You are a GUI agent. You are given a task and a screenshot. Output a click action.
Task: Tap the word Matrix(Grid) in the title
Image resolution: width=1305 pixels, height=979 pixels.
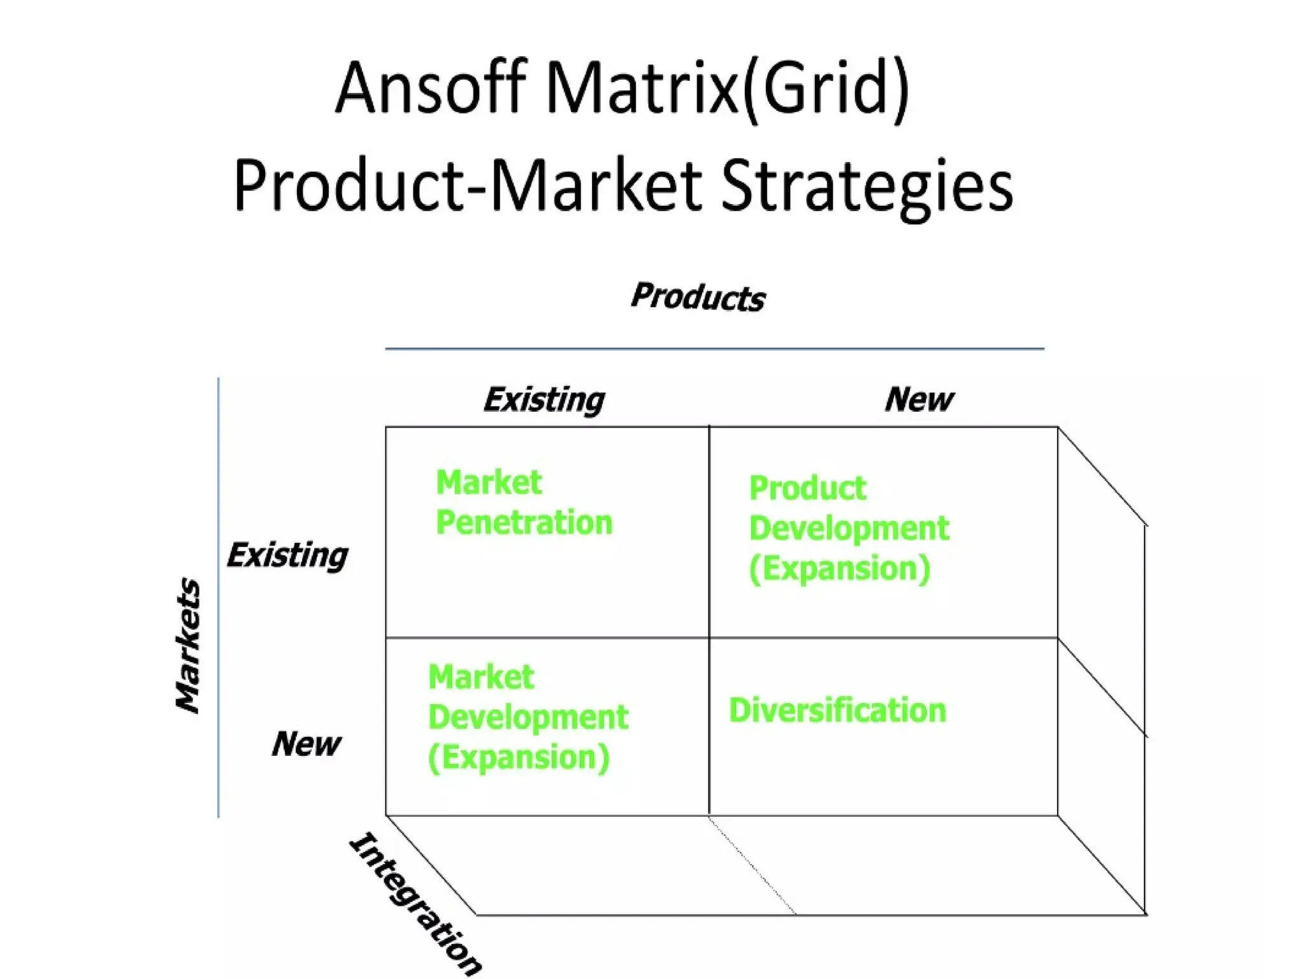[x=727, y=89]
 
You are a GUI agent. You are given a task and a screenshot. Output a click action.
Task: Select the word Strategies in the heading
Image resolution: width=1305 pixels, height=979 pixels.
[x=867, y=186]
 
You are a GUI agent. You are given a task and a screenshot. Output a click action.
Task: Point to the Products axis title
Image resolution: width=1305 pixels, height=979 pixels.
[x=698, y=297]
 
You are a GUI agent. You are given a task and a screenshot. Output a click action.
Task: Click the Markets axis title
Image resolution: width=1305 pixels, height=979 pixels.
[x=188, y=645]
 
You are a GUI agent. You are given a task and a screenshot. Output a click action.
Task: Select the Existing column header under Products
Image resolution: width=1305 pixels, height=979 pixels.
[x=544, y=400]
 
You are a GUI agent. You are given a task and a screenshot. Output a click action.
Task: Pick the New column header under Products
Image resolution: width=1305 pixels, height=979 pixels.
[x=919, y=400]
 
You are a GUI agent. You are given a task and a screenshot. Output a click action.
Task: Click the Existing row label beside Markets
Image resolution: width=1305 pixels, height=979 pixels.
[x=287, y=555]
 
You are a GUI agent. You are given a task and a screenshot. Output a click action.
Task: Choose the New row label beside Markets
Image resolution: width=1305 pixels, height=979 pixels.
[x=306, y=744]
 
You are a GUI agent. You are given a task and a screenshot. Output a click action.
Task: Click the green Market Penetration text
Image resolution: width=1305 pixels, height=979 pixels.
[x=523, y=502]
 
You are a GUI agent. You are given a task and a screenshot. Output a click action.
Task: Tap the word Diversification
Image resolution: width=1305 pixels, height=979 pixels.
[x=837, y=710]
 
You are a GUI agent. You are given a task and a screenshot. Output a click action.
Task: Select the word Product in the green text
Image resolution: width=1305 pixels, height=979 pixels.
[x=807, y=489]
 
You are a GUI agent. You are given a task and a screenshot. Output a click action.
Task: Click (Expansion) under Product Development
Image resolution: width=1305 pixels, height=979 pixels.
[x=840, y=569]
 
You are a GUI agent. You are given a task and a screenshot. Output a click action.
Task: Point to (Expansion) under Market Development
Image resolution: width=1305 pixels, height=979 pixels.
[x=519, y=757]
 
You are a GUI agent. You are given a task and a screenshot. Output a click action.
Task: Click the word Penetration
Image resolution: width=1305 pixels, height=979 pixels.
[x=524, y=523]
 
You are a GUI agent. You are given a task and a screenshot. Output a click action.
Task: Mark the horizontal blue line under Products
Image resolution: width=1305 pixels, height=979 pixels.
[x=714, y=349]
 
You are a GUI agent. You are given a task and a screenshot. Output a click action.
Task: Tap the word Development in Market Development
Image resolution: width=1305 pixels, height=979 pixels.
[x=528, y=717]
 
